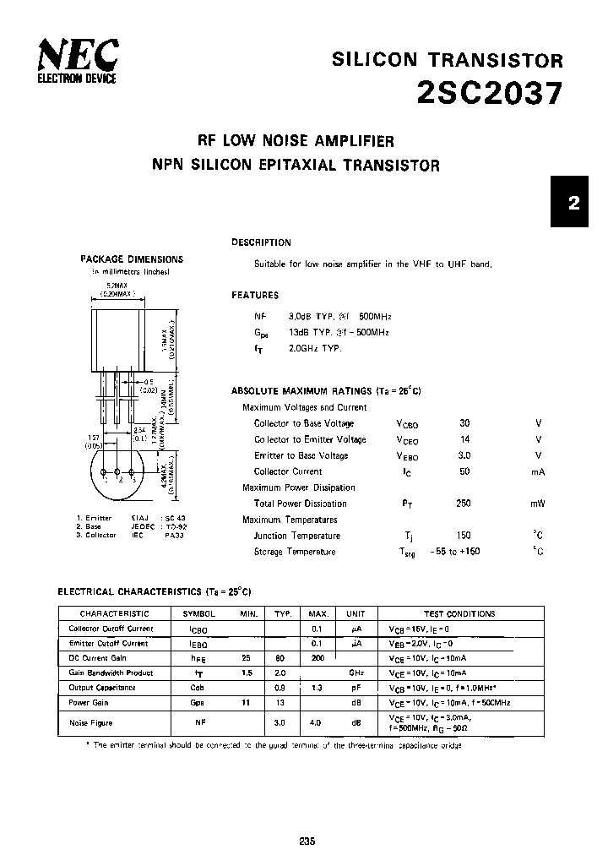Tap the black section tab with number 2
574,203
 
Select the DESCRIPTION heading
261,242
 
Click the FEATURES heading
255,296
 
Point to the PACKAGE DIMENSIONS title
131,259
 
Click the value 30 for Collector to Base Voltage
464,423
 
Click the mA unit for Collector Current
538,471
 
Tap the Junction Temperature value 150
464,536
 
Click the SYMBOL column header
198,614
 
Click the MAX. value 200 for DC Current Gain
318,658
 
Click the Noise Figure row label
90,723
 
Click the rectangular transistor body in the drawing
119,340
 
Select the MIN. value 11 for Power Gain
247,703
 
